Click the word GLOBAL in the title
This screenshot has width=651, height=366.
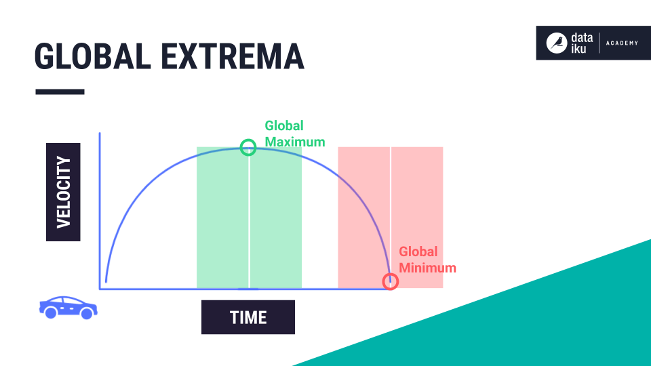[93, 56]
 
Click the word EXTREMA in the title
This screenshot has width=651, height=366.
[233, 56]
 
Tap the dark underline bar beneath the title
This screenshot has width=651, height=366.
[60, 91]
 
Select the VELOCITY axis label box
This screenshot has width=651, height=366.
[63, 192]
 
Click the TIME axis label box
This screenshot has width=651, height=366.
[248, 317]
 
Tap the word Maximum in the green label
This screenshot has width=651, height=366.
[295, 142]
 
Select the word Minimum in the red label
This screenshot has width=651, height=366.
[428, 268]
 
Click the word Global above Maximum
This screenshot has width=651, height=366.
[284, 125]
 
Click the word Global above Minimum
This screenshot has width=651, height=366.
[418, 251]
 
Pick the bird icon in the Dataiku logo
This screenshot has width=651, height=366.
[557, 43]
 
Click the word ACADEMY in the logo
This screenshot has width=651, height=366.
[622, 43]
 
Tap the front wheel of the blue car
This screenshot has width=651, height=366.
[87, 313]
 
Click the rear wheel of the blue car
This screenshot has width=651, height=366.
[51, 312]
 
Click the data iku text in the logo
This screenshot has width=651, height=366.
[582, 43]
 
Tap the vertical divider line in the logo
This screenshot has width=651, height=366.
[599, 43]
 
